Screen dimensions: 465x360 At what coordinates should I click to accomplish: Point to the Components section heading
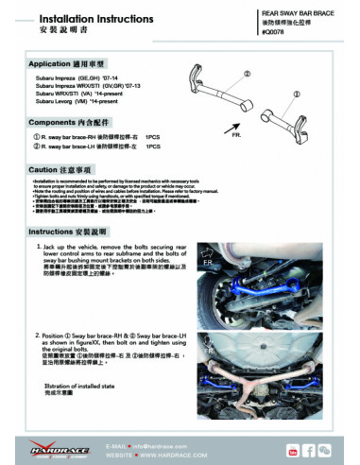(x=66, y=123)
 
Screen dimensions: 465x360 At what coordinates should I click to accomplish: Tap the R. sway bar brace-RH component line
(x=90, y=138)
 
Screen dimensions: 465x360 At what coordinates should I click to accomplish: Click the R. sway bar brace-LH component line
(x=89, y=147)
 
